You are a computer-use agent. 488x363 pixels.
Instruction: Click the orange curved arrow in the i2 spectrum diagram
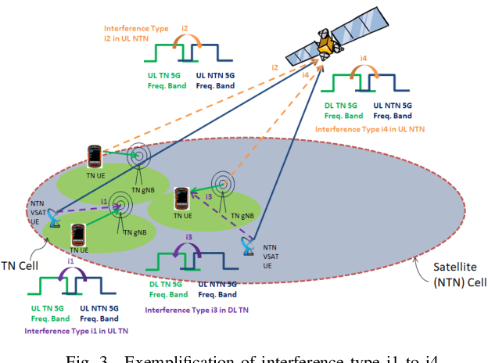[x=184, y=38]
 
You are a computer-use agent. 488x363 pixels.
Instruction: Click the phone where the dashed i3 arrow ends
[x=182, y=199]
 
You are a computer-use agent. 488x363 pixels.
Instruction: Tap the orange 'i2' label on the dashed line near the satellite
[x=275, y=69]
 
